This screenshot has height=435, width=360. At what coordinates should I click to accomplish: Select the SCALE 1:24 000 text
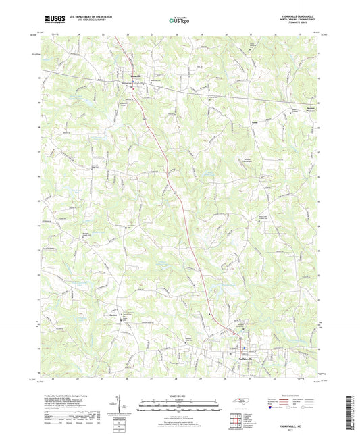tap(180, 396)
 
